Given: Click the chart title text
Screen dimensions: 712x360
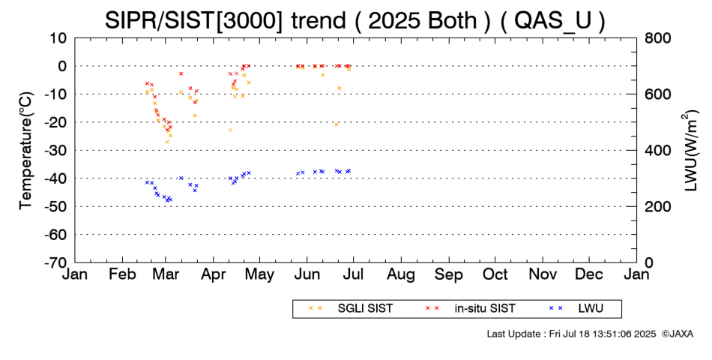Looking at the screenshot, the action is pos(355,20).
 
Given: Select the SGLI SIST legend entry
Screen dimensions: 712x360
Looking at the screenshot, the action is pos(350,309).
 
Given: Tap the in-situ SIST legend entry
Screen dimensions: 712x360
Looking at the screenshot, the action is pos(470,309).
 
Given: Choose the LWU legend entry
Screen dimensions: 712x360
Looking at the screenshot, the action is pos(576,309).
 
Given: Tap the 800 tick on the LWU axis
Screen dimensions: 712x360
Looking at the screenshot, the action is pos(657,38).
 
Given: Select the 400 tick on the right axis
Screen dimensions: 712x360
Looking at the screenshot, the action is pos(657,151).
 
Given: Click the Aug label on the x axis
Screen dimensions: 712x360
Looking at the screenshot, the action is pos(401,275).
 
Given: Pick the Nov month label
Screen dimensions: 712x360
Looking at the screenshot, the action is pos(543,274).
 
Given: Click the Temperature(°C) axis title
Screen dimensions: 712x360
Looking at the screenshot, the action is pos(26,151).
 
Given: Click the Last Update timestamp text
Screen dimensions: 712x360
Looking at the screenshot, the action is pos(571,334).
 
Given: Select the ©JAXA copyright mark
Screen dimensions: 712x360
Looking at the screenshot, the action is pos(677,334).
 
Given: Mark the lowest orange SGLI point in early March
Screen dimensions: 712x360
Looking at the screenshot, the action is pos(167,142).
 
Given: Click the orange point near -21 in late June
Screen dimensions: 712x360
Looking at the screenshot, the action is pos(337,124).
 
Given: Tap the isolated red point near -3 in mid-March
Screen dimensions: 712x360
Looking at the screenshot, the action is pos(181,73).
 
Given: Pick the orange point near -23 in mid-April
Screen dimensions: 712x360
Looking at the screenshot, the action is pos(230,130).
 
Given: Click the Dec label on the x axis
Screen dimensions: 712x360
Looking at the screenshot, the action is pos(589,274).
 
